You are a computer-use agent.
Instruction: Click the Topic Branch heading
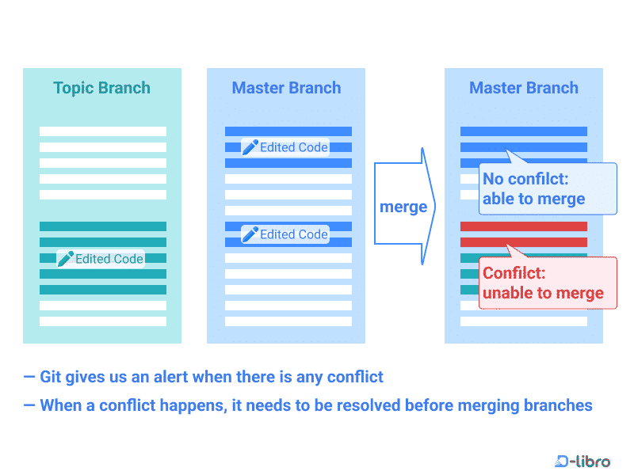pyautogui.click(x=101, y=88)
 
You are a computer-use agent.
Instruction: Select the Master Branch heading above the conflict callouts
pyautogui.click(x=523, y=88)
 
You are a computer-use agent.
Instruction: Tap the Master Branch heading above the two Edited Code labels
pyautogui.click(x=286, y=88)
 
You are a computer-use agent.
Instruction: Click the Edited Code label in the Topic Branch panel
pyautogui.click(x=109, y=259)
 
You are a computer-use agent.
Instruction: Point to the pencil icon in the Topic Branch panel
pyautogui.click(x=66, y=258)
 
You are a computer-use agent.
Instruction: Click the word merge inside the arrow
pyautogui.click(x=403, y=207)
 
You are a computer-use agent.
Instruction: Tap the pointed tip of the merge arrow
pyautogui.click(x=435, y=207)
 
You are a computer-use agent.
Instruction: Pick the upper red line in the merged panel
pyautogui.click(x=523, y=226)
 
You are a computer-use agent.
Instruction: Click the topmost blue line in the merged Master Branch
pyautogui.click(x=523, y=131)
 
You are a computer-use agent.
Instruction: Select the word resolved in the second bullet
pyautogui.click(x=368, y=405)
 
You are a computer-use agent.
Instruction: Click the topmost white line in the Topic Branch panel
pyautogui.click(x=103, y=131)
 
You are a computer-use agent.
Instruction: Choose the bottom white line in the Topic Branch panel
pyautogui.click(x=103, y=321)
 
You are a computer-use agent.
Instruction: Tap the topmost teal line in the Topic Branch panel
pyautogui.click(x=103, y=226)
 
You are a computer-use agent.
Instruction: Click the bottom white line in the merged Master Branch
pyautogui.click(x=523, y=321)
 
